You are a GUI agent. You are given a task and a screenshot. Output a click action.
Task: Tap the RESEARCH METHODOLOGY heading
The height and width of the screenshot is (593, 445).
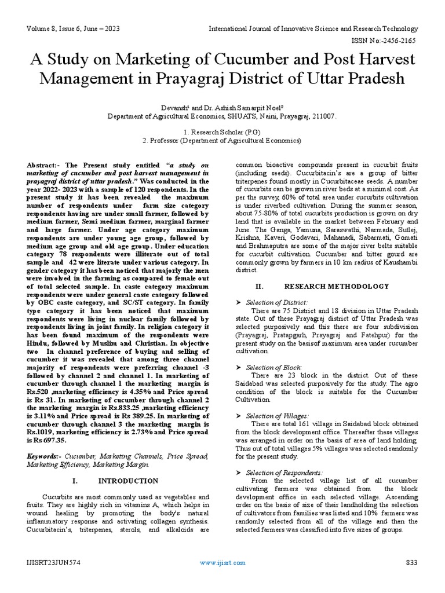click(x=336, y=286)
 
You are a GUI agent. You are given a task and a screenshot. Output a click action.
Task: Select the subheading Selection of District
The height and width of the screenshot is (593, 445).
click(x=277, y=302)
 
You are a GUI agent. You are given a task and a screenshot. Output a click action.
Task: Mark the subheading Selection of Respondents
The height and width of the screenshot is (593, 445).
click(x=284, y=473)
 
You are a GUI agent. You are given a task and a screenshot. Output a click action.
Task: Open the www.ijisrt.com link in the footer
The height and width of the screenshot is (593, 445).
click(x=222, y=578)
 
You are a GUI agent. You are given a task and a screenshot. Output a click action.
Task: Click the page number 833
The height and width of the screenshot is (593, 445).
click(x=411, y=578)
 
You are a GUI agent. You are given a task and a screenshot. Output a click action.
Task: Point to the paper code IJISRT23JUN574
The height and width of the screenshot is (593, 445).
click(x=53, y=578)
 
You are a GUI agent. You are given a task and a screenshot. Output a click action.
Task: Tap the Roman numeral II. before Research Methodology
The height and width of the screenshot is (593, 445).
click(x=260, y=286)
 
